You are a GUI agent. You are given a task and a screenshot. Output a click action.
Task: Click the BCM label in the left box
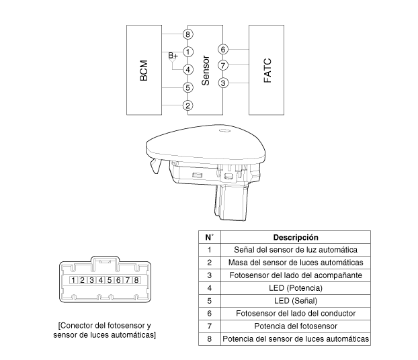143,71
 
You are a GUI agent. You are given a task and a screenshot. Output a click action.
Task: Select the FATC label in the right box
267,71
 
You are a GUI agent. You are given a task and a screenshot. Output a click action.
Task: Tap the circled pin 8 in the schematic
188,34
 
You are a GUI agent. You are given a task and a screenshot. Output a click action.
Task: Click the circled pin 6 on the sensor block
223,49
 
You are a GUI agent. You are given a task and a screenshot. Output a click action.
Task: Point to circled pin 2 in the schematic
188,105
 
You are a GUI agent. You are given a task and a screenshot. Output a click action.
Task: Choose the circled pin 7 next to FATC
223,65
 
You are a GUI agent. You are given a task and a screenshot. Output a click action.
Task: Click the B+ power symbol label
173,56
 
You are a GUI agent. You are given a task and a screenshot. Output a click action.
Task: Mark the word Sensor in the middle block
206,71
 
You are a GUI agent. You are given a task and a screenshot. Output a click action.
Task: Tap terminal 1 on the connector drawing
73,280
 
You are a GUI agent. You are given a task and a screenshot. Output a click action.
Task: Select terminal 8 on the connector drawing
136,280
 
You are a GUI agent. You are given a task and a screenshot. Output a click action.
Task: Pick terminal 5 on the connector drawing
110,280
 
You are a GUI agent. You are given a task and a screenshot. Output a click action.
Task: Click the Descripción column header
296,237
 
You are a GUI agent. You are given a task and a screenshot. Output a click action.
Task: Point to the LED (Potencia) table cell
296,288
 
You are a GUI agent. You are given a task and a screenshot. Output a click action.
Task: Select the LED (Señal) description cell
296,301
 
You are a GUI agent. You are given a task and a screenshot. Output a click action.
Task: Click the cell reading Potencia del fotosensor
296,326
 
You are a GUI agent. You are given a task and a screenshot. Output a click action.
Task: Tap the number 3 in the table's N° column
210,275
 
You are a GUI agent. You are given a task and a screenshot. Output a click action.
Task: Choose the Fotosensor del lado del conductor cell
296,314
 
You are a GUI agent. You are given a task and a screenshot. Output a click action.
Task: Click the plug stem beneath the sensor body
231,202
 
